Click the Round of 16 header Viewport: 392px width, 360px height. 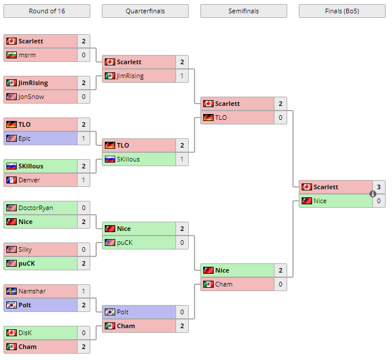tap(46, 11)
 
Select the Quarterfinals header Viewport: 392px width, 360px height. tap(145, 11)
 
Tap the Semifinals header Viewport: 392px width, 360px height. tap(243, 11)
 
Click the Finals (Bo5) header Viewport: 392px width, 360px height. tap(342, 11)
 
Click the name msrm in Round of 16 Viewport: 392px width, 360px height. tap(27, 55)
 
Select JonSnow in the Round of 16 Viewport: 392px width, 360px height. tap(31, 97)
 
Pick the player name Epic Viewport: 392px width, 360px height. tap(24, 138)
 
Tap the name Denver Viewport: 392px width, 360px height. tap(29, 180)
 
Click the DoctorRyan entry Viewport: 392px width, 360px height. tap(36, 208)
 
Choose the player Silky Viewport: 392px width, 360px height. tap(25, 249)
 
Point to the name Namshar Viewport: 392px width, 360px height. tap(32, 291)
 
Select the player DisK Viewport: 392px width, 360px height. tap(25, 333)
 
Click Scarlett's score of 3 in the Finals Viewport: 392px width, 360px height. tap(379, 187)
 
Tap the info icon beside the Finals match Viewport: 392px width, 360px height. tap(373, 194)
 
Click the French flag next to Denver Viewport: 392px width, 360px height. tap(11, 180)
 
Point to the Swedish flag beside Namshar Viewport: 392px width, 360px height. tap(11, 291)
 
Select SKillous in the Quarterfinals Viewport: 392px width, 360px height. tap(128, 159)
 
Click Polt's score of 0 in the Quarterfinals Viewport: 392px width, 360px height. tap(182, 312)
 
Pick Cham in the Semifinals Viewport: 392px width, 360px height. tap(224, 284)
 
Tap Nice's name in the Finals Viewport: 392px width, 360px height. tap(320, 201)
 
